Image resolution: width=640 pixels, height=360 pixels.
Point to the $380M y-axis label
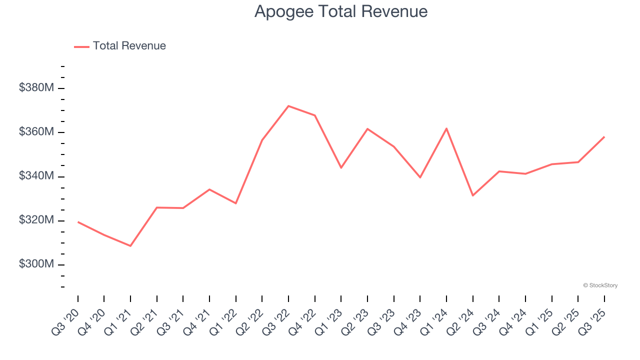[36, 88]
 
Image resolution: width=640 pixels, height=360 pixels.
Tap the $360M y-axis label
[36, 132]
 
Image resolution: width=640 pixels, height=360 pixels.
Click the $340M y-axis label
[36, 176]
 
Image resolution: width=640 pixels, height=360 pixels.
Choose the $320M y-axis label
[36, 220]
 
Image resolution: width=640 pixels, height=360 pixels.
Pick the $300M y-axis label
[36, 264]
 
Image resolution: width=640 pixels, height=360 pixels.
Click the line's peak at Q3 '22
[288, 106]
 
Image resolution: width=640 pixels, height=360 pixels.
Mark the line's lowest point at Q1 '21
[130, 246]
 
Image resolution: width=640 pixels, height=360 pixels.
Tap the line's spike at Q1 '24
[446, 128]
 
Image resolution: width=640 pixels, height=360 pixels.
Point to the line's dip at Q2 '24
[472, 195]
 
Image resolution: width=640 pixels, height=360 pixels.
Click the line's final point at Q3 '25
[604, 137]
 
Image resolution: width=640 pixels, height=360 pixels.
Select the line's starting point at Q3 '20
[78, 222]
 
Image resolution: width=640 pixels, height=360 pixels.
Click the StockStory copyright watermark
[600, 285]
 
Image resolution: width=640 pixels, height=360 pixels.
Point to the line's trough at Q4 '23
[420, 177]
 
